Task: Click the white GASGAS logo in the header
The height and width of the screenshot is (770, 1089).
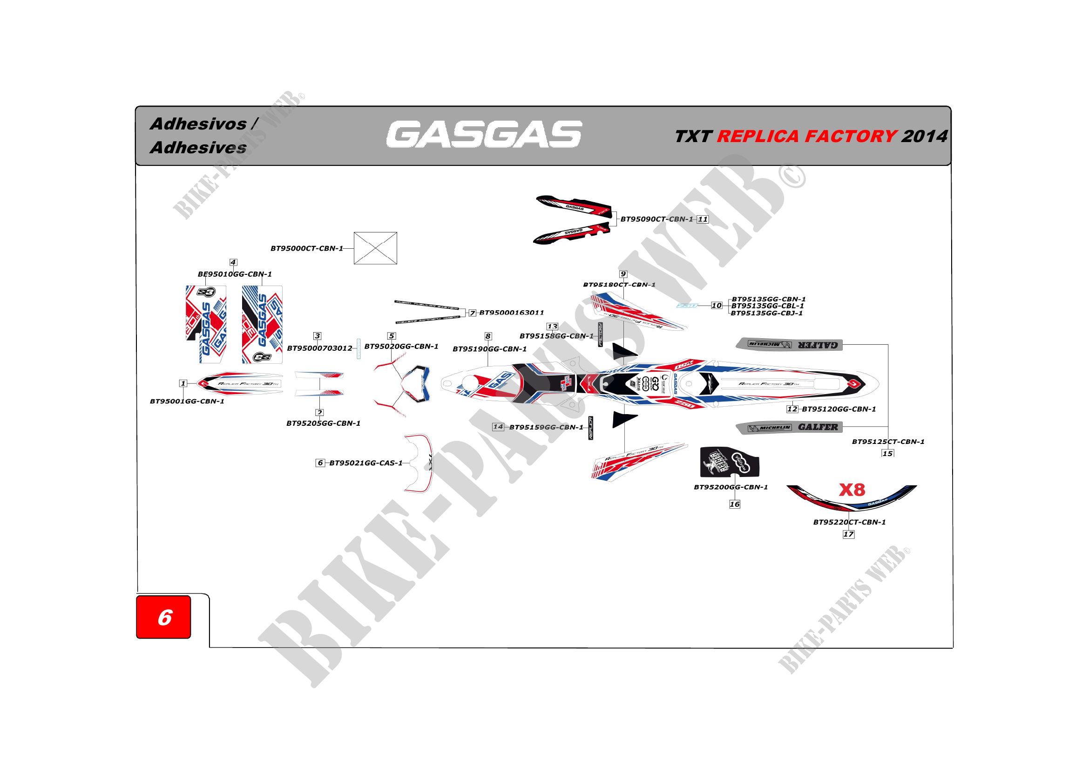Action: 484,134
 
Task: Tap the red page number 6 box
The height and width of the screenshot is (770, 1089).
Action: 163,617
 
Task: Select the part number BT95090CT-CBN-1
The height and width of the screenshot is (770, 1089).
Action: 656,219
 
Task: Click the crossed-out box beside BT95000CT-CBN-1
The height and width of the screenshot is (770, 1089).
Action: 375,248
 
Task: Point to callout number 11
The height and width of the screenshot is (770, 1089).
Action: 703,219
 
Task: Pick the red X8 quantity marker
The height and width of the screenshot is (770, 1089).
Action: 852,490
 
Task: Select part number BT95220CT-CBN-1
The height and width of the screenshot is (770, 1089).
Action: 849,522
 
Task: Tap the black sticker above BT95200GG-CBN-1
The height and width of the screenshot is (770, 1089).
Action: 729,462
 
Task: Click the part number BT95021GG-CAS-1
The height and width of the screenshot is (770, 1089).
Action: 365,463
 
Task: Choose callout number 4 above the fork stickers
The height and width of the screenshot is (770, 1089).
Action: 233,262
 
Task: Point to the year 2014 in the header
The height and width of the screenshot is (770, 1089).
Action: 925,136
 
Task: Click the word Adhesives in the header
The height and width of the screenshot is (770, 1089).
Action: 198,148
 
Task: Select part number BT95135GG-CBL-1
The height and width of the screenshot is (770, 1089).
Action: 767,306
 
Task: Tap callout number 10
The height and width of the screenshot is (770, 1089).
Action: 716,306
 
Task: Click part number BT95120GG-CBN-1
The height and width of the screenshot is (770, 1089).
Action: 839,409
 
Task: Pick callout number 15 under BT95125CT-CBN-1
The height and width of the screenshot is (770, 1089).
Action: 887,454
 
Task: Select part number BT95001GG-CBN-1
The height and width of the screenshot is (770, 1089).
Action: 187,402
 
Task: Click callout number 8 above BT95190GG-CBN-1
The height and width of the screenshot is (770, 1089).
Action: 487,336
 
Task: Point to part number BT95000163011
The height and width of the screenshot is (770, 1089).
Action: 511,313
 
